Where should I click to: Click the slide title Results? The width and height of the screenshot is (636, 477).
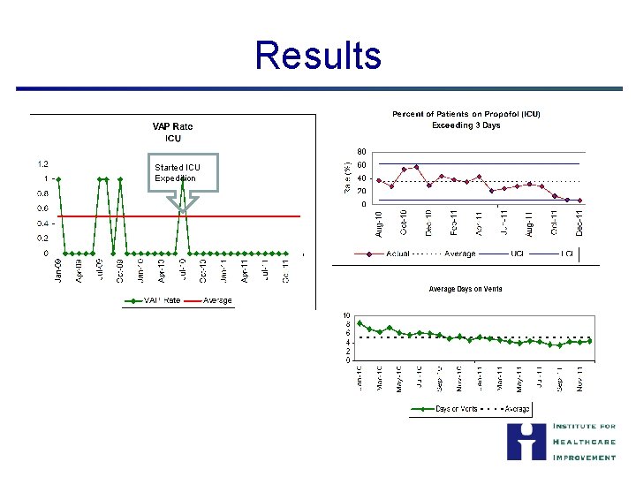[318, 55]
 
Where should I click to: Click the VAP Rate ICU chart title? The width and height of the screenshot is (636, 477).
[173, 132]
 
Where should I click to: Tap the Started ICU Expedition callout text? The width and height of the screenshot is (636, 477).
[177, 173]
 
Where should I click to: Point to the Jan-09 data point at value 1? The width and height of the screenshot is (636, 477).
[58, 178]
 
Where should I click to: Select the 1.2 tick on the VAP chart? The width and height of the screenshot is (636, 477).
[42, 163]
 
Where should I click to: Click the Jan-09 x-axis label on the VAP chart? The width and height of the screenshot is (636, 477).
[58, 269]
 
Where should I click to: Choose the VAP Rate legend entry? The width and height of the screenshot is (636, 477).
[155, 300]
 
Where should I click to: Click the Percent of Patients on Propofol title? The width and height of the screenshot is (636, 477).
[466, 119]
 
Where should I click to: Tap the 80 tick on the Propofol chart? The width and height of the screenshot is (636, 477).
[361, 150]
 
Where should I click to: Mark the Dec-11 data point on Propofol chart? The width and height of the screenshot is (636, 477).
[579, 201]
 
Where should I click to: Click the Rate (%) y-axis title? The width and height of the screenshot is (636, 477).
[346, 177]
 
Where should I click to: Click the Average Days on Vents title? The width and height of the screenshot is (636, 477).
[466, 289]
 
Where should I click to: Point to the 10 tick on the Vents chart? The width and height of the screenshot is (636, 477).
[346, 315]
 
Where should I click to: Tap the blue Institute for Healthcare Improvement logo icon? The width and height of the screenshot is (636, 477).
[526, 442]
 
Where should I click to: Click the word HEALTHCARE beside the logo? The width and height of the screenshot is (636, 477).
[583, 442]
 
